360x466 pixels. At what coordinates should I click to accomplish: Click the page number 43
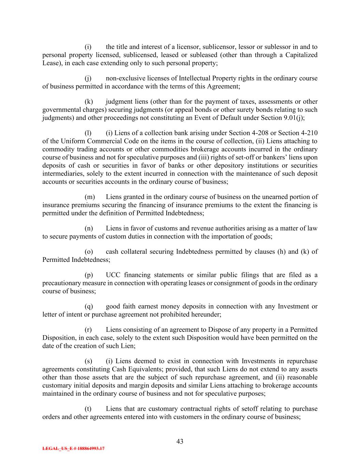point(180,441)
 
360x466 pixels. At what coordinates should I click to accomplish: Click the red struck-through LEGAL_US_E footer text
point(73,449)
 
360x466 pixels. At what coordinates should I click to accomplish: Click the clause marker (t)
point(88,409)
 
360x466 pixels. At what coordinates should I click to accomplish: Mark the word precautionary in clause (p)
point(61,283)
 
